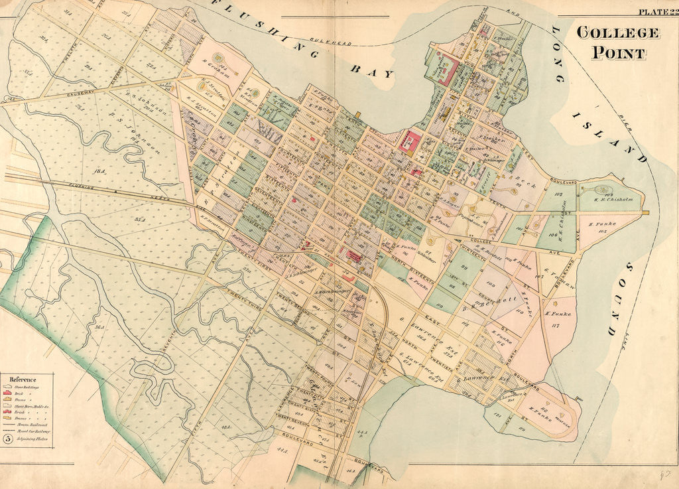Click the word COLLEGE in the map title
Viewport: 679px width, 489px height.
(x=617, y=33)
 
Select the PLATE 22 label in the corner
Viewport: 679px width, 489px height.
(x=657, y=11)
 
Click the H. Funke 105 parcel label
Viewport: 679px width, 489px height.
(x=602, y=228)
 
